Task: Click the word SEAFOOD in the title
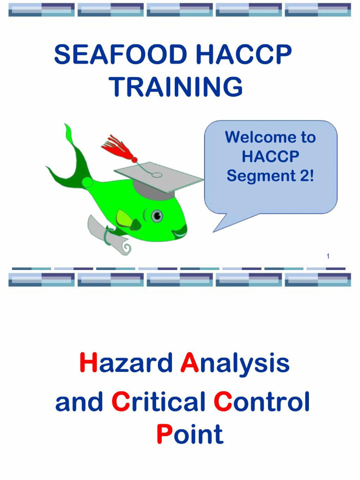pos(121,55)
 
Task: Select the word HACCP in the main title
pos(244,55)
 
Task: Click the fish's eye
pos(157,216)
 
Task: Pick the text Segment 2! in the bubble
pos(270,176)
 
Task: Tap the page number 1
pos(328,256)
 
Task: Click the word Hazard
pos(125,364)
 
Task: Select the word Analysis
pos(234,365)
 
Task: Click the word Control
pos(262,402)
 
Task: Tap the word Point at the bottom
pos(189,435)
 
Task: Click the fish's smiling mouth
pos(180,231)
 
